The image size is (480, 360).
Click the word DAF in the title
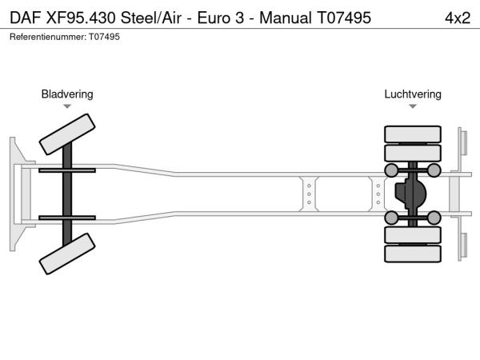[25, 18]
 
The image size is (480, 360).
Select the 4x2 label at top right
[458, 18]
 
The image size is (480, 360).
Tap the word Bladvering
[67, 94]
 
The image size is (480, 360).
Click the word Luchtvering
[413, 94]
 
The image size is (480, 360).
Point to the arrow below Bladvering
[67, 106]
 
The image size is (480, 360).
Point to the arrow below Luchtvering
[413, 106]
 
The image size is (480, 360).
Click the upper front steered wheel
[67, 134]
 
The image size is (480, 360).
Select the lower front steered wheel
[67, 254]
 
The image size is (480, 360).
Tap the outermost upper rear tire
[413, 134]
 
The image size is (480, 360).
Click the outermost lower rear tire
[413, 254]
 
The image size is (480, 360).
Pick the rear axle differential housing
[410, 194]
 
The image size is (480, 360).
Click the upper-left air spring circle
[391, 170]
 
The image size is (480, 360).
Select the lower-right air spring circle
[434, 218]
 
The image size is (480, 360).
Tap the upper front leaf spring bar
[67, 170]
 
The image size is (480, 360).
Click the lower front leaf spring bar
[67, 218]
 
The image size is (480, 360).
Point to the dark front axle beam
[67, 194]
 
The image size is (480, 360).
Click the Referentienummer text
[65, 37]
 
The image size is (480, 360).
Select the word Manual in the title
[286, 18]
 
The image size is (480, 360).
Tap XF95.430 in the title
[81, 18]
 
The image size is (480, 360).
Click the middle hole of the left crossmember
[309, 194]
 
